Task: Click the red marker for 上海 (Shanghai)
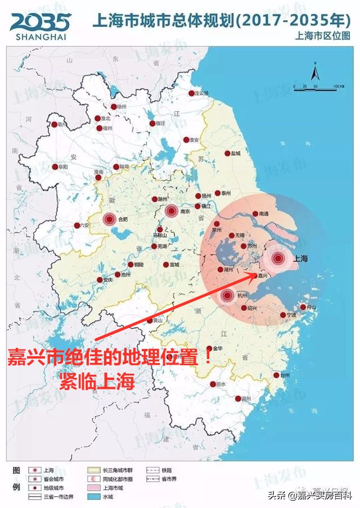(278, 258)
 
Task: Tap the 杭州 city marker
(228, 295)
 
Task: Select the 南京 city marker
(172, 211)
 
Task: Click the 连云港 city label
(201, 93)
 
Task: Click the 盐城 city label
(235, 153)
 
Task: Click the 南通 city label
(264, 214)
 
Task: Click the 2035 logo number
(40, 22)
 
